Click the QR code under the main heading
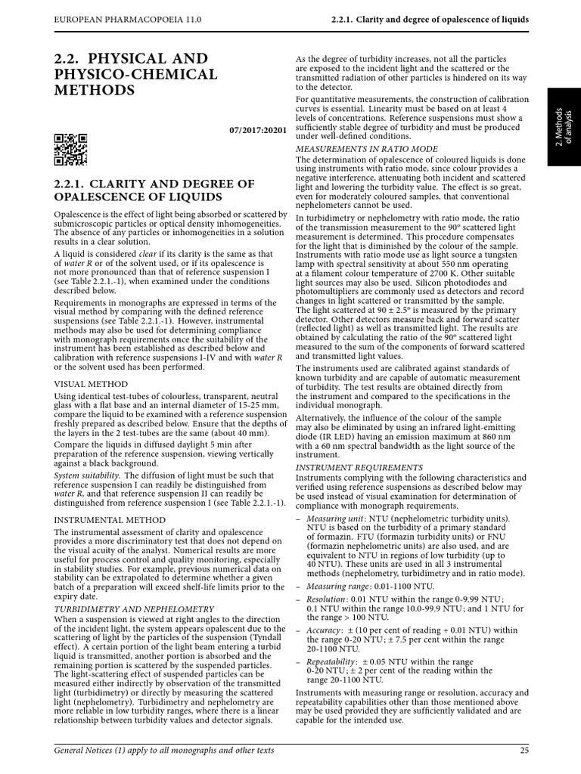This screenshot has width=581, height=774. click(71, 149)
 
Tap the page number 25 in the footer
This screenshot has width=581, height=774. click(524, 750)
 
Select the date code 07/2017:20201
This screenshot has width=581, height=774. click(257, 130)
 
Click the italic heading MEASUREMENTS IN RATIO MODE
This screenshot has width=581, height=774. click(366, 149)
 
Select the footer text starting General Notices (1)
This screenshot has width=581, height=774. click(163, 750)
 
